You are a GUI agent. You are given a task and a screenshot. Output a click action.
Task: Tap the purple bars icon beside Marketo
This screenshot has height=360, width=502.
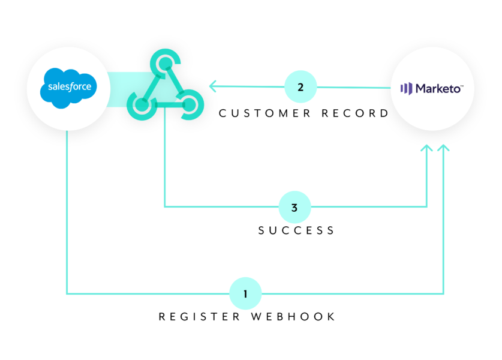406,89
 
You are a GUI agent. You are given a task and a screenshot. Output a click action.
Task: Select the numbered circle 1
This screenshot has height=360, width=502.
245,293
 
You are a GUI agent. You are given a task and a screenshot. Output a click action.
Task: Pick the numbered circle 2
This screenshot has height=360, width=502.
300,87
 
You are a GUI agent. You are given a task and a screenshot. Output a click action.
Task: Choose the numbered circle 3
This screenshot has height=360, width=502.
294,208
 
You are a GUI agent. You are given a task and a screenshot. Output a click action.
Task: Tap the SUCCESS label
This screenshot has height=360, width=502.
296,230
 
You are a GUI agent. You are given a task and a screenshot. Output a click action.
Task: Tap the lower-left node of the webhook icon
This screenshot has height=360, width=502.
142,104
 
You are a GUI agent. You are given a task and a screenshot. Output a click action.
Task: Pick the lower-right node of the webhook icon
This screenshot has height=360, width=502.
188,104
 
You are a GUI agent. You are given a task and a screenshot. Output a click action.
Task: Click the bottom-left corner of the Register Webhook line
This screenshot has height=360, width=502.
67,293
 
